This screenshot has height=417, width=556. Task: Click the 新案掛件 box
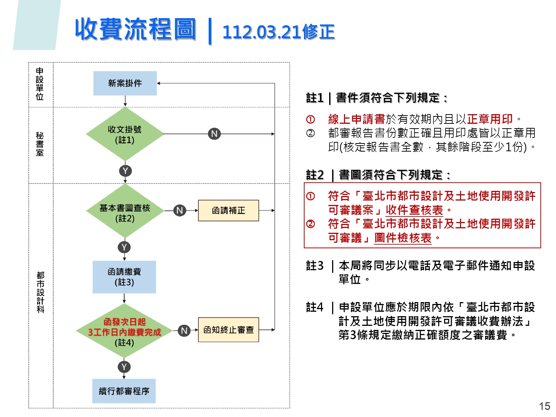[125, 83]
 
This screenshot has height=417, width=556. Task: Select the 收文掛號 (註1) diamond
[125, 134]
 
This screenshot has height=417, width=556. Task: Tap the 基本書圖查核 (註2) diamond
[125, 211]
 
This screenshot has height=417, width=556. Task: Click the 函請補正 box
[228, 211]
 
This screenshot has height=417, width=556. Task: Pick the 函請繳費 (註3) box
[124, 277]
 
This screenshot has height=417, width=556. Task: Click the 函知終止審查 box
[228, 330]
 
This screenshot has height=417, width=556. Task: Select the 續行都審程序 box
[124, 391]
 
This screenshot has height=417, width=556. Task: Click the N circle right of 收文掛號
[214, 134]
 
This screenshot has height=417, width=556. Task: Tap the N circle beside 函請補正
[180, 211]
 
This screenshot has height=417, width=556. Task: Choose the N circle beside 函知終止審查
[184, 330]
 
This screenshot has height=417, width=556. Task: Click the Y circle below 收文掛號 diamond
[125, 171]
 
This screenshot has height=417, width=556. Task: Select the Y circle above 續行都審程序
[124, 367]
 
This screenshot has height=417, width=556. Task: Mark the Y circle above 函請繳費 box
[124, 247]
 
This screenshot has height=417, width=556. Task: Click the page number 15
[545, 406]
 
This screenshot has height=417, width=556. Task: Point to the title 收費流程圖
[135, 29]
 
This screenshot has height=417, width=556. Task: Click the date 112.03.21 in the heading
[262, 32]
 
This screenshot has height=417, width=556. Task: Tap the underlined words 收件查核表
[414, 210]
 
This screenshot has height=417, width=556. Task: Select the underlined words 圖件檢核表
[403, 238]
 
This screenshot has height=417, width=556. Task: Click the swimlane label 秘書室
[40, 144]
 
